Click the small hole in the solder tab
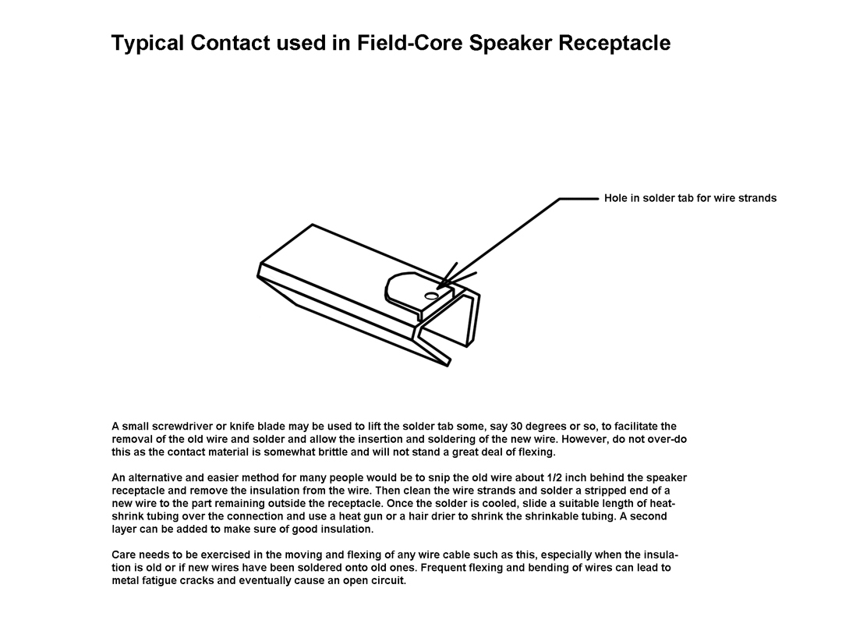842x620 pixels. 430,296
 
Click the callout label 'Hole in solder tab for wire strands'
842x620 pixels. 690,198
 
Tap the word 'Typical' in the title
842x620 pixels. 147,43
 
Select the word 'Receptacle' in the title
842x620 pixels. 614,43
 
